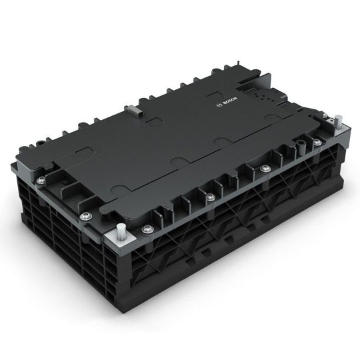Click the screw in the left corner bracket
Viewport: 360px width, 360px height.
(41, 180)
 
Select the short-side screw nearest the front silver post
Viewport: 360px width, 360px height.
(85, 215)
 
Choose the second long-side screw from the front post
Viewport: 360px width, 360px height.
(211, 196)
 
